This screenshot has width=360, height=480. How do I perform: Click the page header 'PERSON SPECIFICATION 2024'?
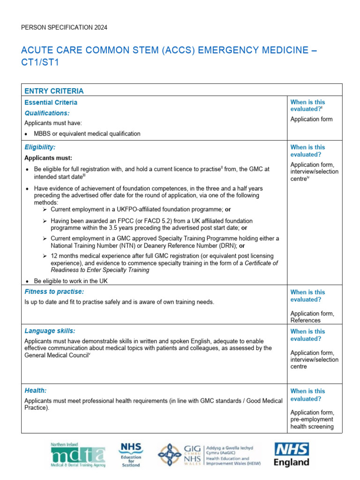64,28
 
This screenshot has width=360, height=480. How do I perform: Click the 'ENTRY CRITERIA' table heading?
54,91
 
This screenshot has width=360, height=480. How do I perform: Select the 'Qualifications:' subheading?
47,113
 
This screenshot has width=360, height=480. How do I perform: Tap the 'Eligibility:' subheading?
40,147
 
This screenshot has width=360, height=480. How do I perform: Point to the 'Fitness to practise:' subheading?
54,292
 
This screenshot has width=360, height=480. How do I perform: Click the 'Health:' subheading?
35,390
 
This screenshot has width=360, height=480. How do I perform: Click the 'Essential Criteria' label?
51,102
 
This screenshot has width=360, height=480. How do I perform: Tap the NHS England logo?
292,455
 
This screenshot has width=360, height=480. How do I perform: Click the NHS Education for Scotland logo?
131,455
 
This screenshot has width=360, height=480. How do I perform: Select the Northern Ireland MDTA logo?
78,455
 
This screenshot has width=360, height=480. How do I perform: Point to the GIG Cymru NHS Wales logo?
210,455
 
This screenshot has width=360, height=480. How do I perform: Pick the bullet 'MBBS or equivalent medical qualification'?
87,134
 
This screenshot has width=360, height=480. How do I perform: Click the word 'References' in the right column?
305,321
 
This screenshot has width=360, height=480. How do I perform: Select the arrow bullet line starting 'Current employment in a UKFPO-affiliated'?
141,210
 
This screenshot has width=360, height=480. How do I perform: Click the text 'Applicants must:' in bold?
48,158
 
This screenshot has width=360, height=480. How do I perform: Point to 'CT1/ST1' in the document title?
40,63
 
